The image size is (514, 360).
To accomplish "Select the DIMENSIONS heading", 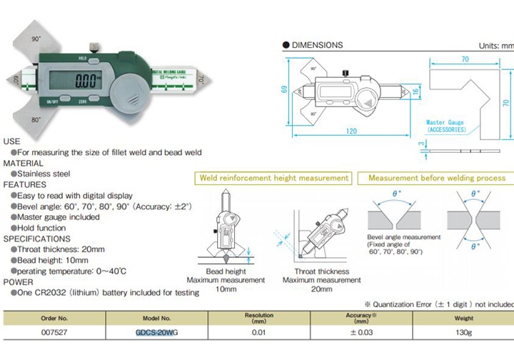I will tap(316, 45).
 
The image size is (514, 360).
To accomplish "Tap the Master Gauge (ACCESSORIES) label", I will tap(445, 126).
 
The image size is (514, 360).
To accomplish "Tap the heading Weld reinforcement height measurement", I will tap(274, 177).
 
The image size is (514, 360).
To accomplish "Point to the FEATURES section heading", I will tap(25, 184).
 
